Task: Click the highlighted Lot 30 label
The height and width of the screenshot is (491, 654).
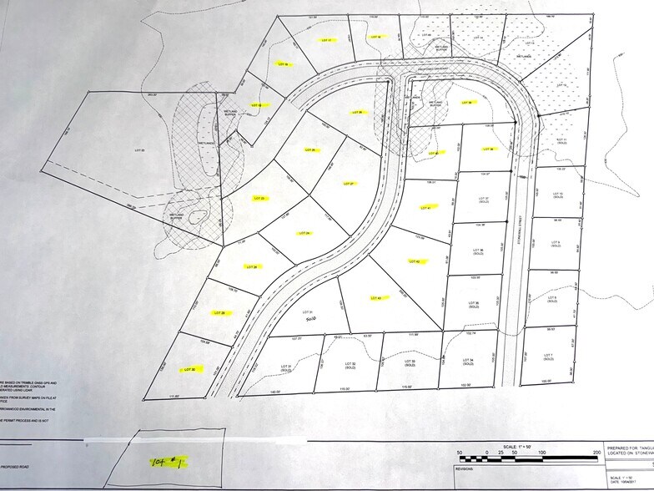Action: pos(189,368)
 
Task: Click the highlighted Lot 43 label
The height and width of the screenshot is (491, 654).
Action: pos(374,298)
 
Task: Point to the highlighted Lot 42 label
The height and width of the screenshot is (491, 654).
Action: pos(415,261)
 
